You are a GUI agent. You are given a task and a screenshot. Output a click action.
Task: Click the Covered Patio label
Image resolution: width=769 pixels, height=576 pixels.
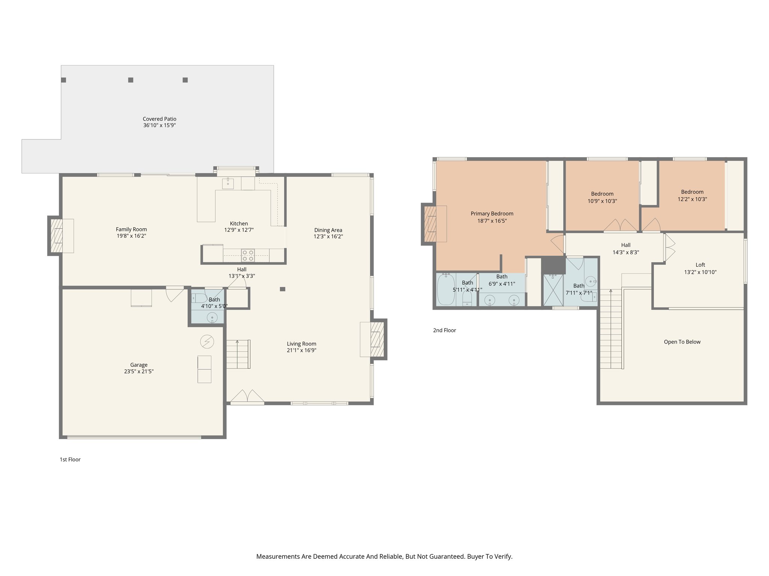(x=159, y=119)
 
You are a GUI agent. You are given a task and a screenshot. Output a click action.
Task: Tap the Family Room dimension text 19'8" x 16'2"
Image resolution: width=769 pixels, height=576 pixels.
(x=131, y=236)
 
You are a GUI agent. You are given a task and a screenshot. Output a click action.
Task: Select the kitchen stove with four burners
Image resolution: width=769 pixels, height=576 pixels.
(x=248, y=255)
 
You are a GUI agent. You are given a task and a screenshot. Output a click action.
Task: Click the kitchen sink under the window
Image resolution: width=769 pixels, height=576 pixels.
(x=228, y=183)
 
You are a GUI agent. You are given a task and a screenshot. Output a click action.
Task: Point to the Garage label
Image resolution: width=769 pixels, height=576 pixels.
(x=139, y=364)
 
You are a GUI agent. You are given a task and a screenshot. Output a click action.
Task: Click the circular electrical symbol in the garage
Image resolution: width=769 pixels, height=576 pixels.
(x=207, y=342)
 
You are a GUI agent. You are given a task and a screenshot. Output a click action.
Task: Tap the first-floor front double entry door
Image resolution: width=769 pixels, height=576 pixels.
(x=247, y=397)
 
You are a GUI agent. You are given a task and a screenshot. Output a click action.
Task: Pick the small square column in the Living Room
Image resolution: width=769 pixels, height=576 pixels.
(x=282, y=289)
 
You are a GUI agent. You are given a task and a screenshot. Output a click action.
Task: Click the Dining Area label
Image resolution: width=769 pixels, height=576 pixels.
(x=328, y=230)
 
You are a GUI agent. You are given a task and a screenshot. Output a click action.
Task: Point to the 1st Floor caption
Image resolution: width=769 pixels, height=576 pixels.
(x=70, y=459)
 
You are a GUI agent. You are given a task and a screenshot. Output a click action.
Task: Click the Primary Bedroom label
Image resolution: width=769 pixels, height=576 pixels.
(x=492, y=213)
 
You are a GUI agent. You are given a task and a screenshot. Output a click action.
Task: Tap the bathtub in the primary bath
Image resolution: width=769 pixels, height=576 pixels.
(x=446, y=289)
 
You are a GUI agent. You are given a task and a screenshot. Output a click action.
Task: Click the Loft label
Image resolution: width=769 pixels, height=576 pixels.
(x=700, y=265)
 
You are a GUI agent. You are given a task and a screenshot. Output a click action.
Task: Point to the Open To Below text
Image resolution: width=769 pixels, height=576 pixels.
(x=682, y=342)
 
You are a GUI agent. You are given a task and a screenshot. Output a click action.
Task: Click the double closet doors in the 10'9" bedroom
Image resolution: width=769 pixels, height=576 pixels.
(x=620, y=225)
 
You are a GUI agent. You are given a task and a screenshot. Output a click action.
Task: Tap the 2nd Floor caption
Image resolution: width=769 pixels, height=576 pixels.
(x=445, y=330)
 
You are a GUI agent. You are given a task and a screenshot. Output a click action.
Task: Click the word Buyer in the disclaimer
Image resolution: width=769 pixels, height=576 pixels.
(x=475, y=556)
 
